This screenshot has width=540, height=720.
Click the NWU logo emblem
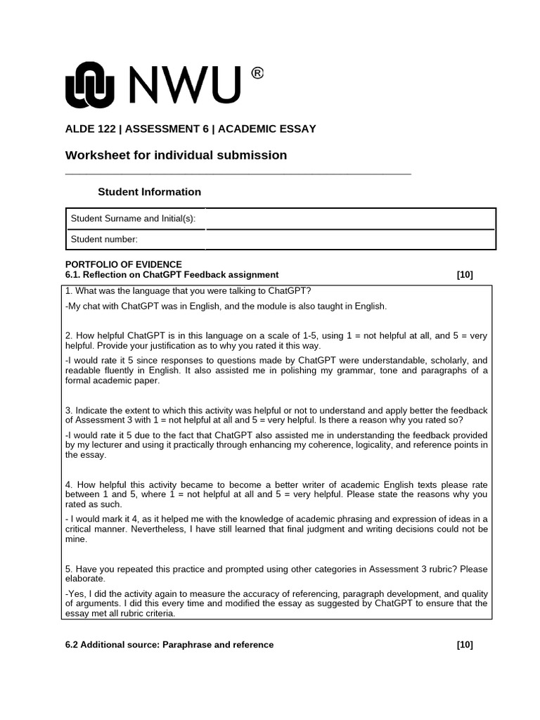point(89,86)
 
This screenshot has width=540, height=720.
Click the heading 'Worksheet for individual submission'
point(176,155)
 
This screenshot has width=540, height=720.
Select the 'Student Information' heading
point(149,192)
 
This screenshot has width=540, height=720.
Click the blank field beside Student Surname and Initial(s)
point(349,219)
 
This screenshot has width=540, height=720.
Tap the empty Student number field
point(349,239)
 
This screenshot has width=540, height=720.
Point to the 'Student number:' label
point(104,240)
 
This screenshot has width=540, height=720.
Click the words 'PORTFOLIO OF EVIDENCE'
point(123,264)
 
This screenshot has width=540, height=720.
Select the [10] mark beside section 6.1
point(464,275)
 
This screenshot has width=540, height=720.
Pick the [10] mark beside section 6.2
point(464,645)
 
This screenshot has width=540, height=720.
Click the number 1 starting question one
point(67,292)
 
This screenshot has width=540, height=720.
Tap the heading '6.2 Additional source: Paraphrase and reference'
point(169,645)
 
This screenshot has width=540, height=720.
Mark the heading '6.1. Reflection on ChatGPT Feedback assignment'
point(172,275)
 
